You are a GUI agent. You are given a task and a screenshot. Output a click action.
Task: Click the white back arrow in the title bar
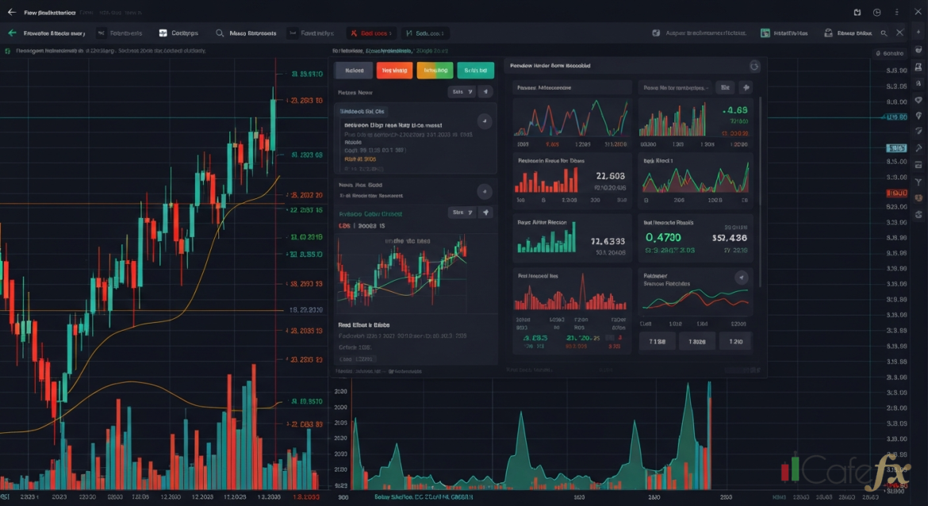11,13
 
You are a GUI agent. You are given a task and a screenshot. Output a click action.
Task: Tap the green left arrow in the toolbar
12,33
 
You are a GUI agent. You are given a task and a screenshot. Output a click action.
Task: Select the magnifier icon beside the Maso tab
218,33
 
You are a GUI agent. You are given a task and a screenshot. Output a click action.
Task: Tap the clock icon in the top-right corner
877,13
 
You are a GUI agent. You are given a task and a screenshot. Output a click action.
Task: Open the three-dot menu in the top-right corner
896,13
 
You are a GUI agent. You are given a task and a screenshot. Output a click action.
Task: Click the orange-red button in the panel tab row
394,70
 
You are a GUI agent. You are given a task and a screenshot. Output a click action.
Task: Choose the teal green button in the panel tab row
475,70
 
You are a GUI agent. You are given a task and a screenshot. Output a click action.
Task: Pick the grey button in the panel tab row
354,70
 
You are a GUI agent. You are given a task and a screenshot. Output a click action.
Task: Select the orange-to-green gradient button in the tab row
435,70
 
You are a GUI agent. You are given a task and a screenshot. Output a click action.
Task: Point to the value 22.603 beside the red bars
610,176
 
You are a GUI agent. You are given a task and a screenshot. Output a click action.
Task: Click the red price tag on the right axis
895,193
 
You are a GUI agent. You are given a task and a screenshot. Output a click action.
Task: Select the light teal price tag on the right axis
895,148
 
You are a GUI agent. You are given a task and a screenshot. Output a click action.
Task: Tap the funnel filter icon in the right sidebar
918,182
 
